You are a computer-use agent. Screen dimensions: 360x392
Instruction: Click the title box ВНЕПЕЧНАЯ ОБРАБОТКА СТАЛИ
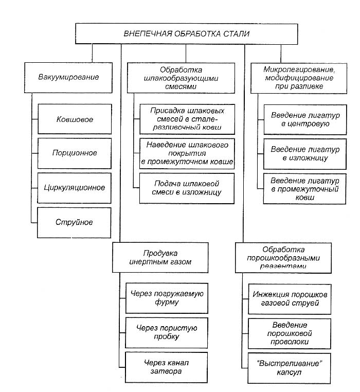pyautogui.click(x=187, y=34)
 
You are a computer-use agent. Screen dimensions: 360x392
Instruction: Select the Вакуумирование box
pyautogui.click(x=68, y=78)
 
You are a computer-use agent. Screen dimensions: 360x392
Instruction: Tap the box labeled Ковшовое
pyautogui.click(x=75, y=119)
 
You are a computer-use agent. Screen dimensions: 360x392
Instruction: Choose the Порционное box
pyautogui.click(x=75, y=153)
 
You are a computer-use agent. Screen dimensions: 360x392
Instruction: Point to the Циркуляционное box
pyautogui.click(x=74, y=188)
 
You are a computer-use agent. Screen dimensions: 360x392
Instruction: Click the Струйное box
pyautogui.click(x=74, y=223)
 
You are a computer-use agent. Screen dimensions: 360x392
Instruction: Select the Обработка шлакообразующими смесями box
pyautogui.click(x=181, y=78)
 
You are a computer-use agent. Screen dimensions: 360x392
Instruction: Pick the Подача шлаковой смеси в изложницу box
pyautogui.click(x=187, y=188)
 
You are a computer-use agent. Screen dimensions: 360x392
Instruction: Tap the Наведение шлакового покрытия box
pyautogui.click(x=187, y=153)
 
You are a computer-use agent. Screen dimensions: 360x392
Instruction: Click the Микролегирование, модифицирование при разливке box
pyautogui.click(x=299, y=78)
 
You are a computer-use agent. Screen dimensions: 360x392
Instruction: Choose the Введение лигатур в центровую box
pyautogui.click(x=305, y=119)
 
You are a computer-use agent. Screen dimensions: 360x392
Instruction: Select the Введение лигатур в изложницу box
pyautogui.click(x=305, y=154)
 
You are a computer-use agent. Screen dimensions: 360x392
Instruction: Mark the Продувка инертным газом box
pyautogui.click(x=160, y=258)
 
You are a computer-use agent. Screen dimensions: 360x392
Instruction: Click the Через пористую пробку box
pyautogui.click(x=167, y=332)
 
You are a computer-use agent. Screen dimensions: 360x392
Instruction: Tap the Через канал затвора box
pyautogui.click(x=166, y=367)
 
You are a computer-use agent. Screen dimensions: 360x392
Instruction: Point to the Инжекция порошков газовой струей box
pyautogui.click(x=290, y=299)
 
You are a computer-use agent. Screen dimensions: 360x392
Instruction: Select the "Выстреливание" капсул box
pyautogui.click(x=289, y=368)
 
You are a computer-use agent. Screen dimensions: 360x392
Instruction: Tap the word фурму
pyautogui.click(x=167, y=302)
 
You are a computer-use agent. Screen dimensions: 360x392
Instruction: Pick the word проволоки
pyautogui.click(x=290, y=342)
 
